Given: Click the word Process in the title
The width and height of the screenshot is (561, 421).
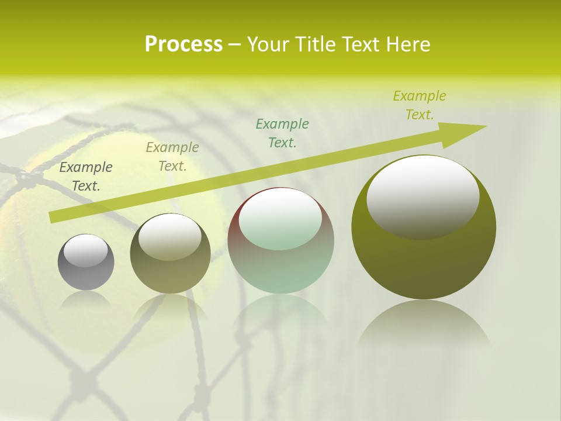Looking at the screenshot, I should (183, 44).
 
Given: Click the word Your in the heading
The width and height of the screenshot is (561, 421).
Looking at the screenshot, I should (268, 44).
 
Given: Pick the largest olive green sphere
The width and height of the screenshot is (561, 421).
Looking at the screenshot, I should (424, 257).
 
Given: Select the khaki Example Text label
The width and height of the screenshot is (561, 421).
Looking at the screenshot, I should (172, 157).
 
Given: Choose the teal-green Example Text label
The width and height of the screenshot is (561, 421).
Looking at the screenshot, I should (282, 133).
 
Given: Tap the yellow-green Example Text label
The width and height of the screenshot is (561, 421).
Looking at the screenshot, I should (419, 105).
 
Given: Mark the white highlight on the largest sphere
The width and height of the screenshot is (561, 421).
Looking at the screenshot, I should (423, 196).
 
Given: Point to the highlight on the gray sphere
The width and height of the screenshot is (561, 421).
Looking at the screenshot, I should (86, 250).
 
